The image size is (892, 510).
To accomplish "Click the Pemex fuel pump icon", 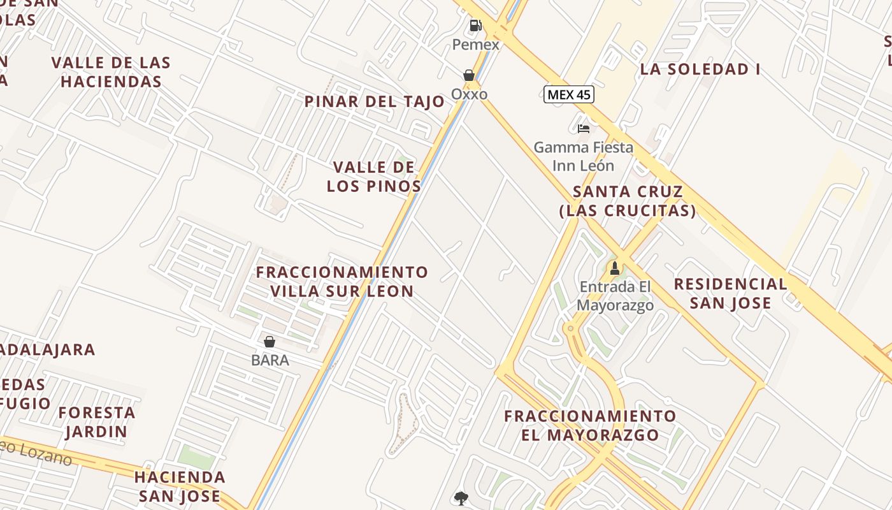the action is pos(475,25).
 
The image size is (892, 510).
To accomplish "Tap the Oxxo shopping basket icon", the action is pos(469,75).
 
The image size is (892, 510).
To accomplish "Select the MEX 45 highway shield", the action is pos(569,95).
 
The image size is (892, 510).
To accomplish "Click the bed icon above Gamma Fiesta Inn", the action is pos(583,128).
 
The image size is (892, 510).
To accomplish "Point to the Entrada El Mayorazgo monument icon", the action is pos(615,268).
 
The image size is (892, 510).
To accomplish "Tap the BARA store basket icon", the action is pos(270,342).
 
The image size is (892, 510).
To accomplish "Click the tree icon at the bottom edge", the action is pos(461,499).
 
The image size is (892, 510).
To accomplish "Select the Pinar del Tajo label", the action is pos(375,101).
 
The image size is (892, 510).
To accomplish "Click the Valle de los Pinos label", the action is pos(374,177).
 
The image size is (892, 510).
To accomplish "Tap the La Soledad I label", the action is pos(700,69).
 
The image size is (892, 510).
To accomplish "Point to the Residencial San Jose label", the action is pos(730,293).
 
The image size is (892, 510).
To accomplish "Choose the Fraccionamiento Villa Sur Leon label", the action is pos(342,282).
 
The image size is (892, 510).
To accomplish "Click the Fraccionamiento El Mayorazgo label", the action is pos(590,426).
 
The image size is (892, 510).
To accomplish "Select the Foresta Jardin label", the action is pos(97,422).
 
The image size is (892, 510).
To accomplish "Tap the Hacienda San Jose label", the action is pos(180,486).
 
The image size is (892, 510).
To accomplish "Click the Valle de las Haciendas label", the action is pos(111,72).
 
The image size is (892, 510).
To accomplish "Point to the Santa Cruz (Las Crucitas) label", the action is pos(628,201).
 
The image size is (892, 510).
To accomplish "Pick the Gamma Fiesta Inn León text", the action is pos(583,157).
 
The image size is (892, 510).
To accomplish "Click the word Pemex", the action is pos(476,45).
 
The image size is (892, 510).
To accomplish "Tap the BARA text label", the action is pos(270,360).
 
